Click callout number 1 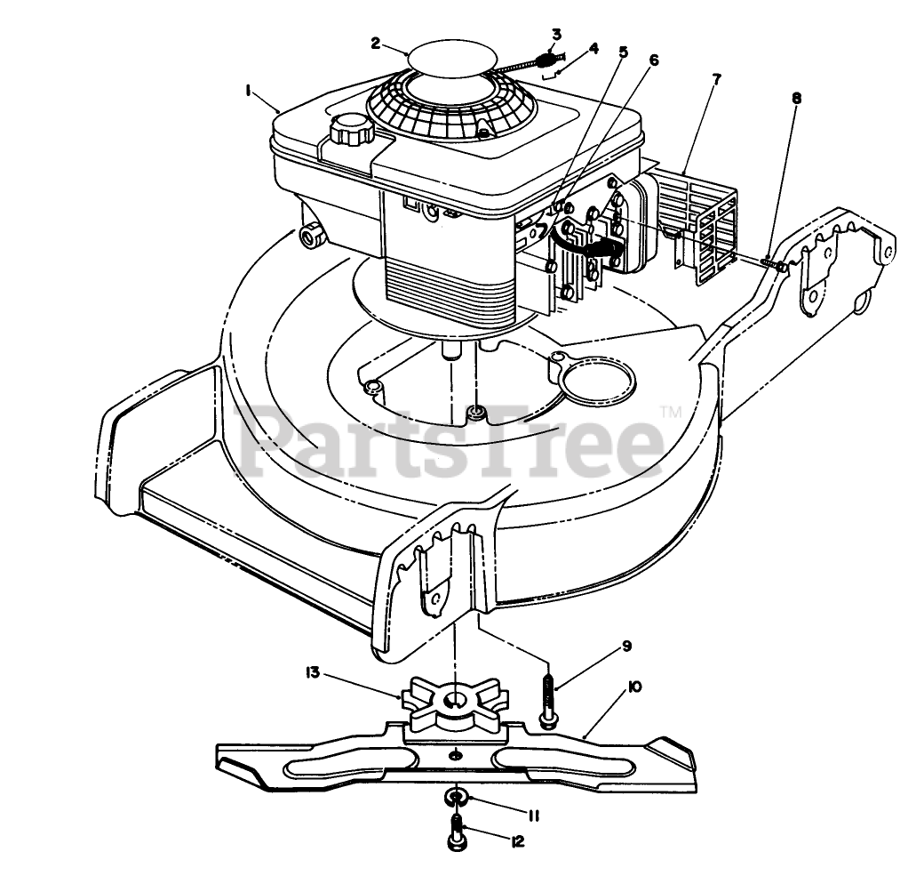tap(251, 89)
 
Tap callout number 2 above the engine tap(376, 42)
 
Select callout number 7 tap(716, 78)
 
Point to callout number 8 tap(795, 99)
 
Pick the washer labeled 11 tap(456, 796)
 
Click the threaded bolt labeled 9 tap(547, 699)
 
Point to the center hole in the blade tap(455, 754)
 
